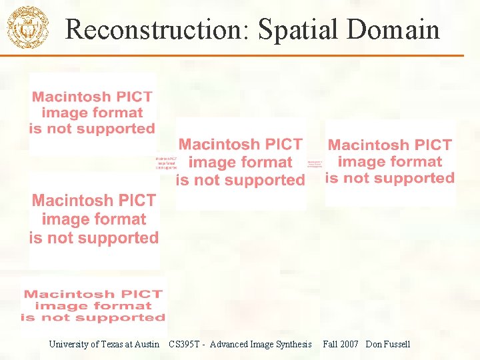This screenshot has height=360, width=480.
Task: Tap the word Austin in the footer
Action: [146, 345]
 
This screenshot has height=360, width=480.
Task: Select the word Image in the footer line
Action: [262, 345]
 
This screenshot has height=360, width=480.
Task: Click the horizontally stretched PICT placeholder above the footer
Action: [93, 305]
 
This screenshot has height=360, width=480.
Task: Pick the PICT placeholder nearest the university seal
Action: [92, 113]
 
